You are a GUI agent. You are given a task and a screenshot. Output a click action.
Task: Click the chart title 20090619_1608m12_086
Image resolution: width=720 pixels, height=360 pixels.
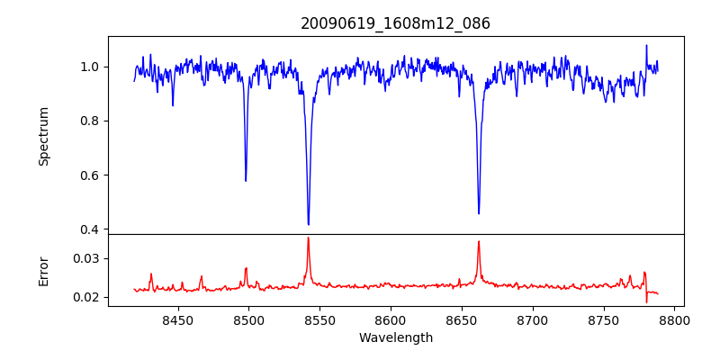[x=395, y=23]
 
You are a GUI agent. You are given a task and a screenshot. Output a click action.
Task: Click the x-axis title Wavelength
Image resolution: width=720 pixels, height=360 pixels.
[x=395, y=337]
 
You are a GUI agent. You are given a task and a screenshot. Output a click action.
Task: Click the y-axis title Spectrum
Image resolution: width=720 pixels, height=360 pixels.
[x=43, y=136]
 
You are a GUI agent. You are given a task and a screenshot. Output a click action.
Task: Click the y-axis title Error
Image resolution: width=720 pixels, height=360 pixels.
[x=43, y=270]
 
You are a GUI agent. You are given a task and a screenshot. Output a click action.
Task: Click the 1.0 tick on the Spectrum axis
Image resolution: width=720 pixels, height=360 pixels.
[x=91, y=67]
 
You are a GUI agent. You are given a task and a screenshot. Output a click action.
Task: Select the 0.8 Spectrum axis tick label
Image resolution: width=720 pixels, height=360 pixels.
[x=91, y=121]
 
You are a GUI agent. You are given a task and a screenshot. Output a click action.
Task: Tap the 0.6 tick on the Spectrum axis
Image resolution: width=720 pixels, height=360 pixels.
[x=91, y=175]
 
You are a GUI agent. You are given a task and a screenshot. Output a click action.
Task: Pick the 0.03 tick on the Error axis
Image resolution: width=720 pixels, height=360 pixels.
[x=88, y=258]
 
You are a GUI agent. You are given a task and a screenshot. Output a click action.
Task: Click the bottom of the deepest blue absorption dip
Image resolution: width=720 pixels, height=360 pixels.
[x=308, y=224]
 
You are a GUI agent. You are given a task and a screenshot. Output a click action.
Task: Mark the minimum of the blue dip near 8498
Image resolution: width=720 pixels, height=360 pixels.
[x=246, y=181]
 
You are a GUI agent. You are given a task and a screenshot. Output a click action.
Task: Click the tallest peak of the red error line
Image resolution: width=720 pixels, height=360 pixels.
[x=308, y=238]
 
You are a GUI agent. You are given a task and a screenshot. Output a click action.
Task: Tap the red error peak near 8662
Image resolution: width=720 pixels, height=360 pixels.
[x=479, y=241]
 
